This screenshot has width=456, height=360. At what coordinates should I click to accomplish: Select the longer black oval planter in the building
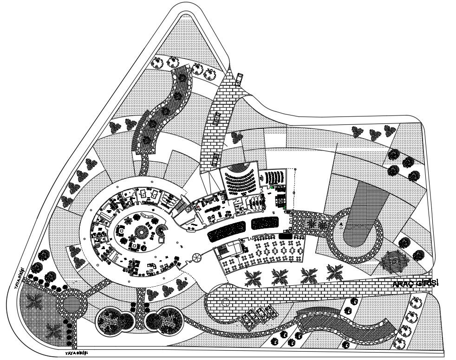pos(226,230)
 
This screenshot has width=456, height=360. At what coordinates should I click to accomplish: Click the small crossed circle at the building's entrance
pos(196,257)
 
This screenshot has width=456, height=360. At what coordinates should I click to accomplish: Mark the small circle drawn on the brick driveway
pos(226,302)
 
